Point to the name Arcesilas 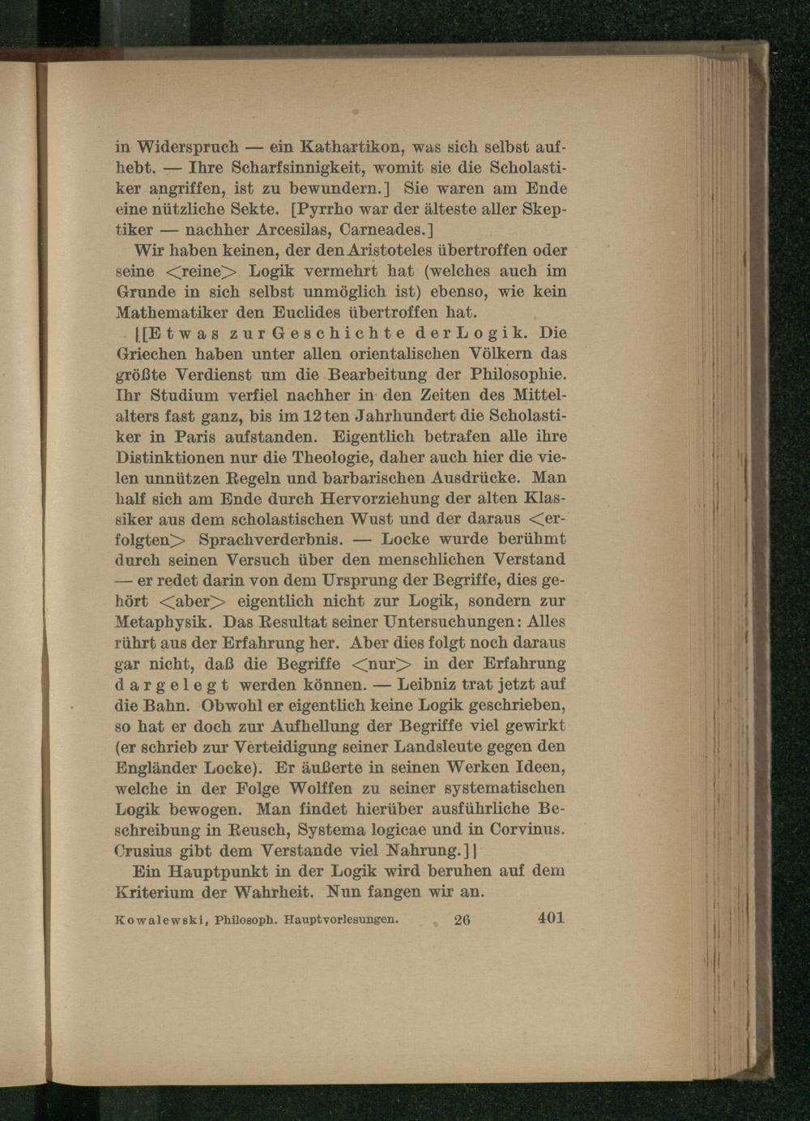point(293,230)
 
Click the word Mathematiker point(165,312)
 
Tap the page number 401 point(550,918)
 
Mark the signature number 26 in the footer point(463,920)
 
